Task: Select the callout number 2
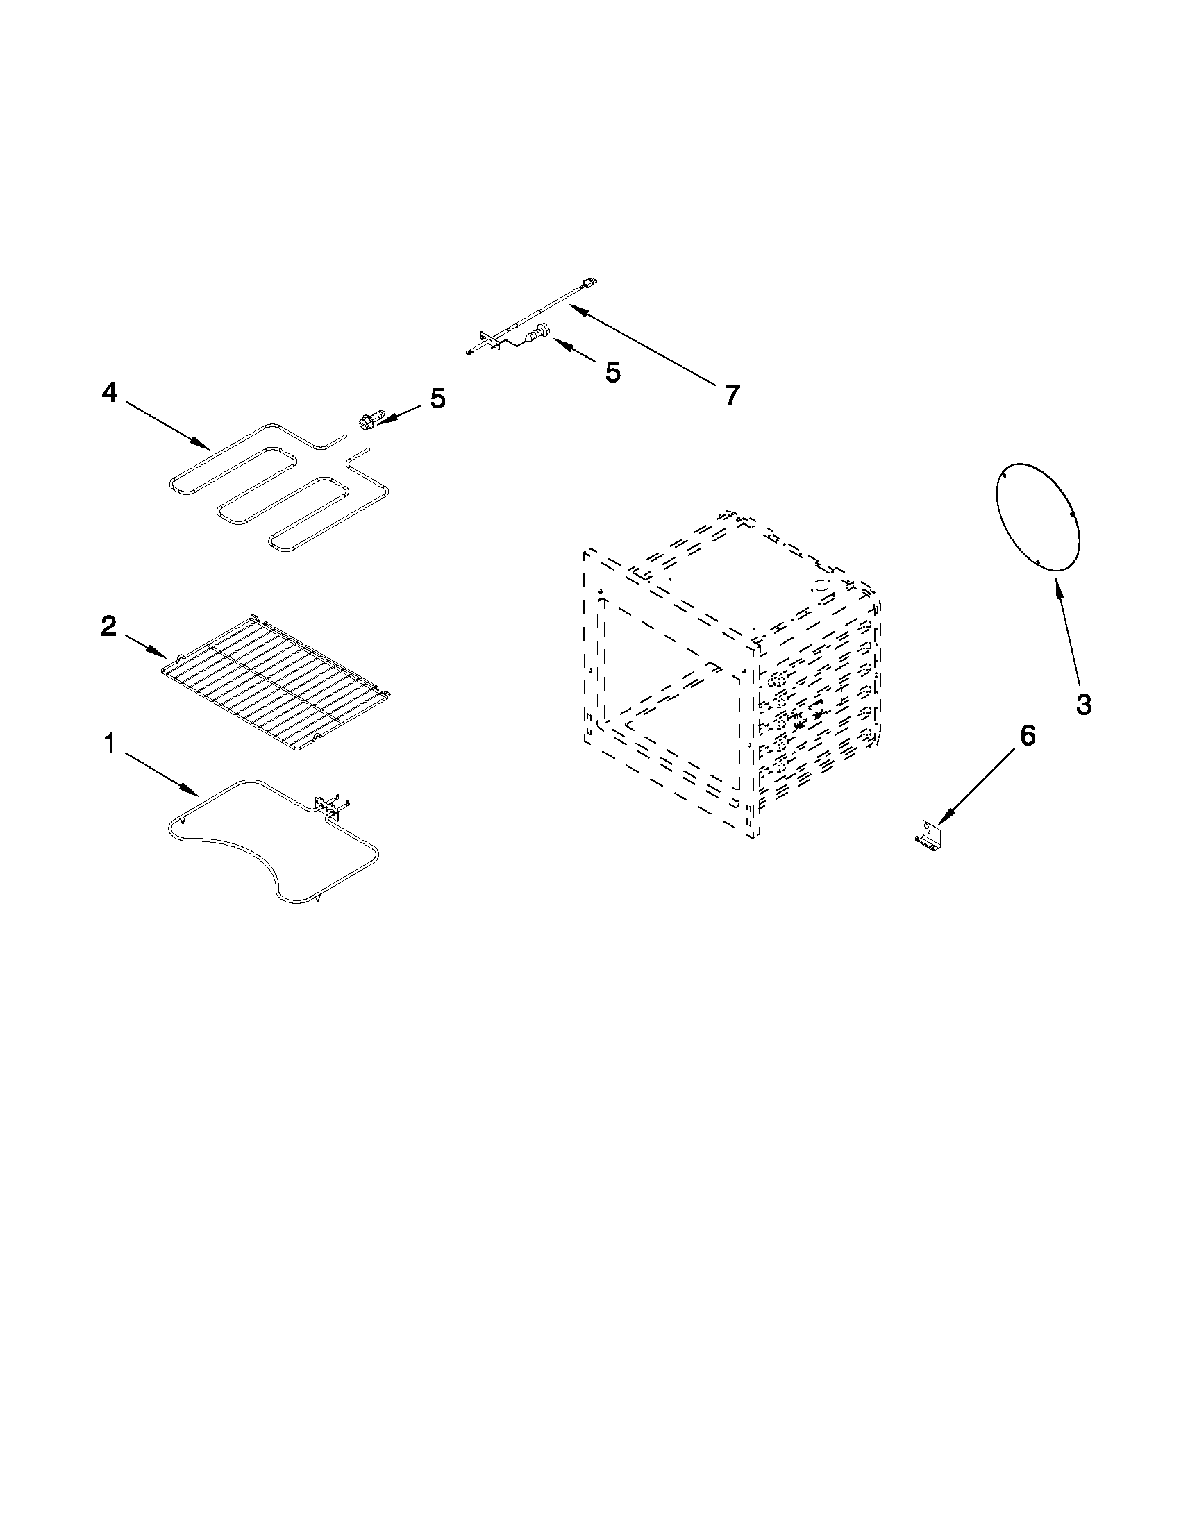click(x=108, y=626)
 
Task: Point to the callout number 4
click(x=110, y=394)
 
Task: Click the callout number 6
click(x=1026, y=735)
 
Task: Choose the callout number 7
click(x=731, y=395)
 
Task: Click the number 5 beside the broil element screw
click(x=437, y=398)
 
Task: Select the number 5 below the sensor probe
click(x=612, y=372)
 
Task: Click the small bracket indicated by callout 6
click(x=930, y=835)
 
